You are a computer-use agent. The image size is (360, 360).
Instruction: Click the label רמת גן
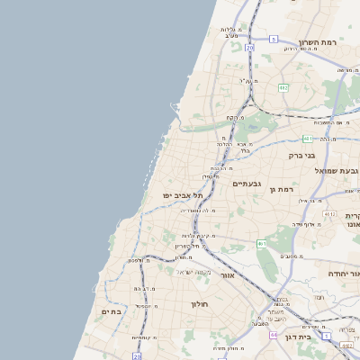pos(283,189)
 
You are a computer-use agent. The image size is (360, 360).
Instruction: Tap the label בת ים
pos(110,311)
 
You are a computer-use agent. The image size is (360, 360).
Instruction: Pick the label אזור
pos(227,275)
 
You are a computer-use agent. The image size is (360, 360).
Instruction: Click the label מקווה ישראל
pos(193,273)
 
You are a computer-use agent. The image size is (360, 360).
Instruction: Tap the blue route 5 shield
pos(273,40)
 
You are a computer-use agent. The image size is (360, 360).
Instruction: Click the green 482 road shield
pos(283,87)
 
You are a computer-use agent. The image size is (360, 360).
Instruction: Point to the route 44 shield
pos(274,334)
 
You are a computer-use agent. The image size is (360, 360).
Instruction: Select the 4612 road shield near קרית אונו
pos(330,214)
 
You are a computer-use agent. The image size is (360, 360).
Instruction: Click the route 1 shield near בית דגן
pos(326,336)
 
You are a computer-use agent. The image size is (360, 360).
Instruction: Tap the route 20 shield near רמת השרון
pos(249,47)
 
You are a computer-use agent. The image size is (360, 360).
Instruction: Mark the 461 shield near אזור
pos(262,243)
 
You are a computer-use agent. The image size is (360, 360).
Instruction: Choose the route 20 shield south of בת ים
pos(137,355)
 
